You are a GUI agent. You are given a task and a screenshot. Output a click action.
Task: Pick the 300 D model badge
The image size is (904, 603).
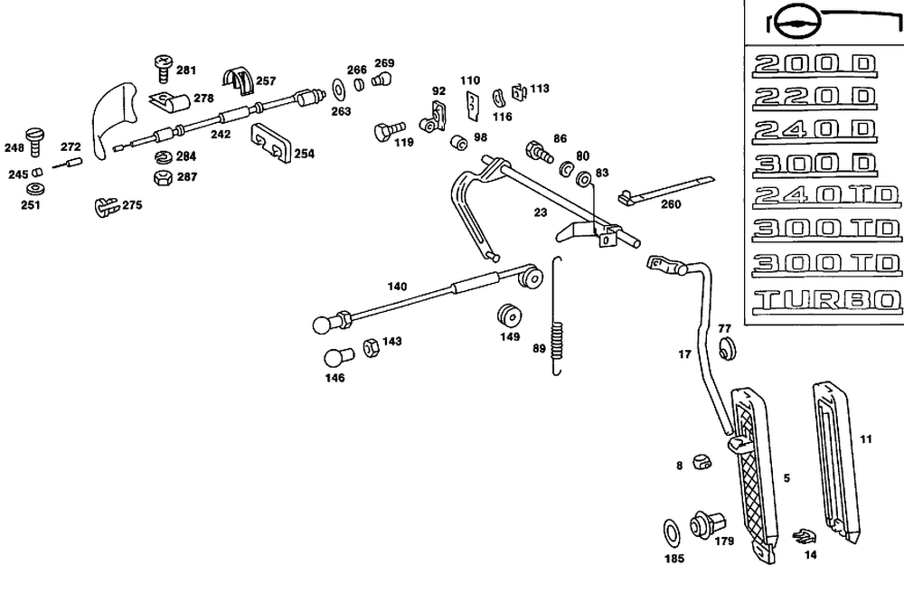click(x=814, y=164)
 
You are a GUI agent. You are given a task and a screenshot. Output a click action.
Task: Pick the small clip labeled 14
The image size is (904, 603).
click(x=802, y=535)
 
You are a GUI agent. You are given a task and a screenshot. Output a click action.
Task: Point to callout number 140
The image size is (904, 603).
click(x=397, y=287)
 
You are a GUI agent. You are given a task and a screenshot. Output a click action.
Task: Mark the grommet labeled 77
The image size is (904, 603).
click(x=727, y=349)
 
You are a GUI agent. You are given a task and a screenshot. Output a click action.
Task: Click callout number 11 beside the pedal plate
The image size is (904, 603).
click(x=865, y=439)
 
